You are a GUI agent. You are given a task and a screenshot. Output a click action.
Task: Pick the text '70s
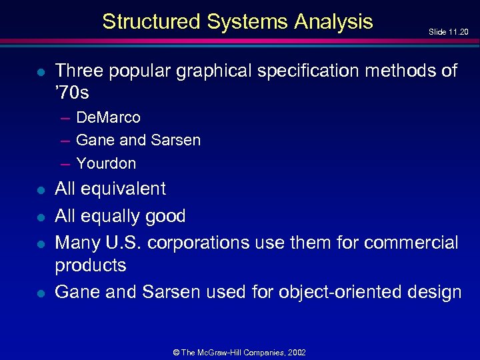pos(72,93)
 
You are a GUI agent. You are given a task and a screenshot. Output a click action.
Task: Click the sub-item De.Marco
pos(108,118)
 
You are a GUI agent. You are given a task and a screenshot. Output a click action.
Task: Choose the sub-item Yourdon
pos(106,163)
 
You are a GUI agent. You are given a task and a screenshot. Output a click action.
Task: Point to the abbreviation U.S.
pos(123,243)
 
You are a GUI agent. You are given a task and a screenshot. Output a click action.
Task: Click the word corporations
pos(198,243)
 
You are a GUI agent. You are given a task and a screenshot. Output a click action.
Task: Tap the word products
pos(90,265)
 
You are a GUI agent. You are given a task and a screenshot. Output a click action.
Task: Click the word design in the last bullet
pos(434,292)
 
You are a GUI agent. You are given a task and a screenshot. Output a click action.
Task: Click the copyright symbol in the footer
pos(177,351)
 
